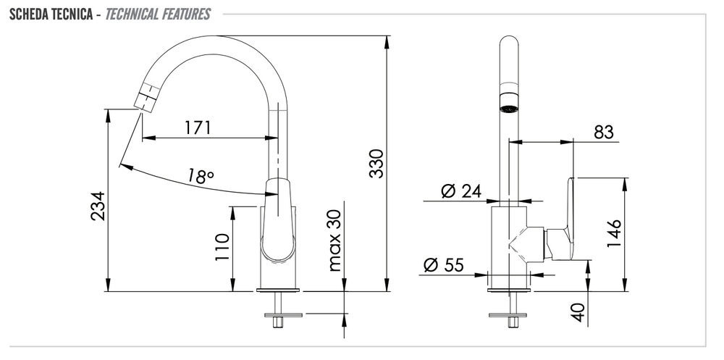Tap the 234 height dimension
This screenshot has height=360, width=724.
point(98,206)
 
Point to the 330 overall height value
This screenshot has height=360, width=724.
point(376,164)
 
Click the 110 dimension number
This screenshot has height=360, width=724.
point(222,247)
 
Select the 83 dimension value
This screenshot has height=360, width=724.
point(604,132)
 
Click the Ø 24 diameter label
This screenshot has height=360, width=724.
point(460,191)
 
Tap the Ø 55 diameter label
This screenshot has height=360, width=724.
point(444,265)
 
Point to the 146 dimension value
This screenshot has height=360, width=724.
point(614,233)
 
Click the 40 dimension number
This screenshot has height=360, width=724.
point(578,312)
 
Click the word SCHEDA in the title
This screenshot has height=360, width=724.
point(26,14)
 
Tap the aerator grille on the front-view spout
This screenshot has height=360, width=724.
point(509,109)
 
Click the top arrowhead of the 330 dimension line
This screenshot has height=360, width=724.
point(387,41)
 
